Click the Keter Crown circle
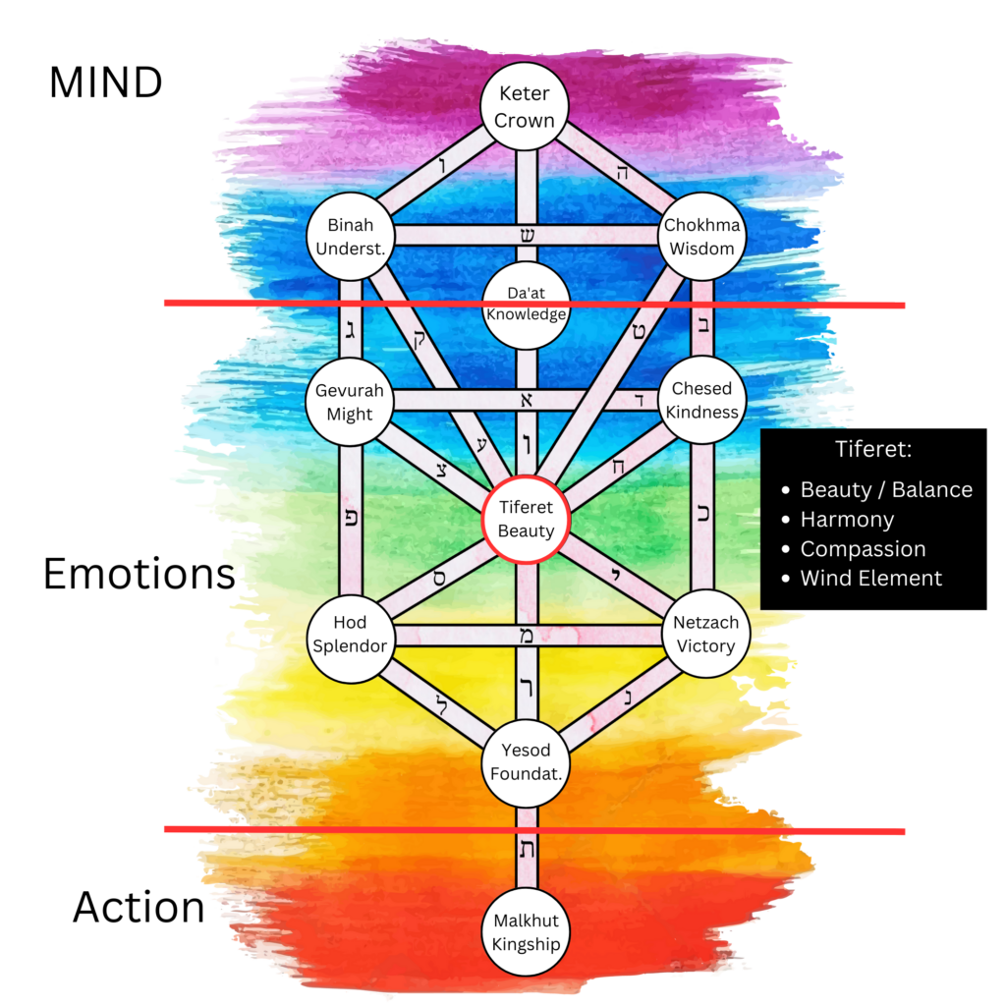click(x=526, y=107)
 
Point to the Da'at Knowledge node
click(x=526, y=305)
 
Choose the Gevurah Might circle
click(x=350, y=401)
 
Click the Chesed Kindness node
click(x=701, y=400)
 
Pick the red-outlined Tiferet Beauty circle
click(x=526, y=519)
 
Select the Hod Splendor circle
click(x=350, y=634)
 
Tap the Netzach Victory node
click(x=704, y=634)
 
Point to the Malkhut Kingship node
click(x=526, y=933)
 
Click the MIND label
click(x=105, y=84)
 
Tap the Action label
click(x=139, y=908)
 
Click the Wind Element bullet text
click(x=870, y=579)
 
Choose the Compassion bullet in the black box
click(x=863, y=549)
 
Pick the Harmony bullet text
click(x=847, y=520)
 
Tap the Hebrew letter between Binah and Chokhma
click(x=527, y=236)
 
